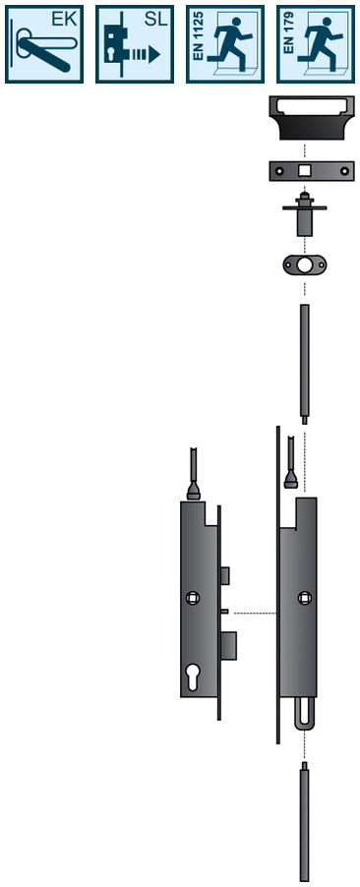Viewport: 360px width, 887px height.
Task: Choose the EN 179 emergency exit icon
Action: (x=316, y=44)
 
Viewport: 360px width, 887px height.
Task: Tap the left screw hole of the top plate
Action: (x=279, y=171)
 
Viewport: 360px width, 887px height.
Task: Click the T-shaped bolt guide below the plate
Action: (x=304, y=216)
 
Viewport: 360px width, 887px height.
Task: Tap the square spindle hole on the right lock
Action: (x=304, y=597)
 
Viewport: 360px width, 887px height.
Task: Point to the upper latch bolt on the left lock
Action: (x=225, y=574)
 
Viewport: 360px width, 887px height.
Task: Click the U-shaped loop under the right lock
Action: (x=304, y=713)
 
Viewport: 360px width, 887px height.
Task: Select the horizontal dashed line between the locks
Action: (x=254, y=613)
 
